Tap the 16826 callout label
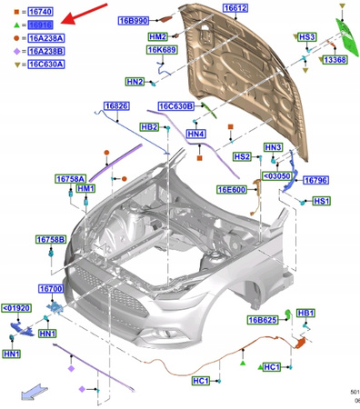coord(116,106)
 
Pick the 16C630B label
coord(175,106)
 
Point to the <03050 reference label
coord(276,176)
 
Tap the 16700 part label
coord(50,288)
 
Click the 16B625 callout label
coord(262,320)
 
